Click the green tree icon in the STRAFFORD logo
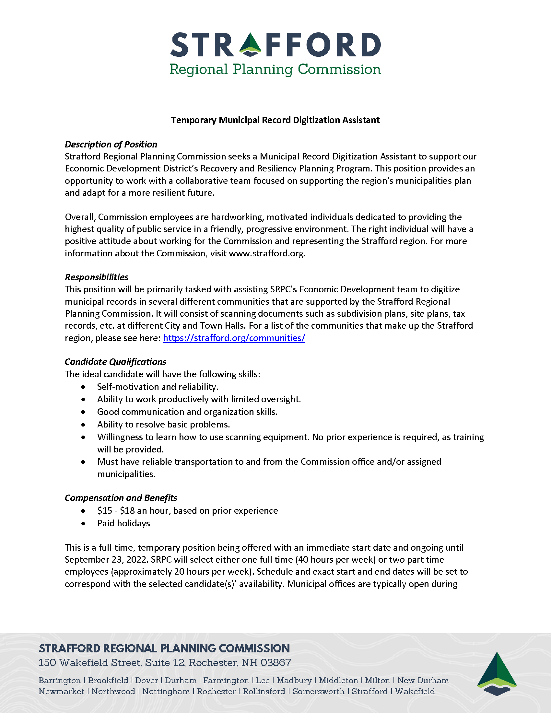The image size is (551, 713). click(x=250, y=44)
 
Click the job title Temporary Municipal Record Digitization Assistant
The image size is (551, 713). click(x=275, y=120)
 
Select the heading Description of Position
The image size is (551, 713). click(x=111, y=144)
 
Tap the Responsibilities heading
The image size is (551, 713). click(x=96, y=277)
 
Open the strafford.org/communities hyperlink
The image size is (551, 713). click(x=234, y=338)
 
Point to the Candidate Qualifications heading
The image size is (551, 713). click(x=115, y=362)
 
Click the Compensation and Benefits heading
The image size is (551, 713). click(x=121, y=498)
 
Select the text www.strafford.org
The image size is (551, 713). click(x=267, y=253)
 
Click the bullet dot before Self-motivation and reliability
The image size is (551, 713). click(x=84, y=387)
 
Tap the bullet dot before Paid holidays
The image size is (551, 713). click(x=84, y=524)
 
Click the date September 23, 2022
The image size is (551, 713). click(x=105, y=560)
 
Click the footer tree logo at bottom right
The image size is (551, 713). click(x=497, y=674)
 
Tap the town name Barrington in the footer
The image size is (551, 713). click(x=59, y=680)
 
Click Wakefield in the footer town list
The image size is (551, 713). click(x=415, y=692)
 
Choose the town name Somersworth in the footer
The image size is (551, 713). click(x=318, y=692)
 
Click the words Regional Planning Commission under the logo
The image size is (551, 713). click(x=275, y=70)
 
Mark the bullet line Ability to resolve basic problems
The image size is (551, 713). click(x=164, y=425)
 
